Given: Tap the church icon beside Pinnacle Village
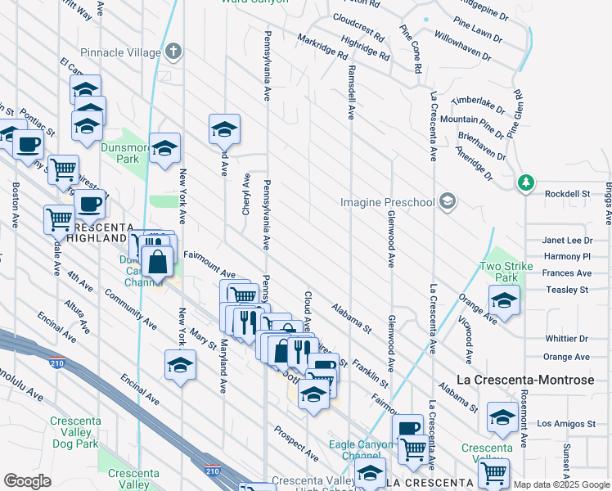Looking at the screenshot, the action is point(172,52).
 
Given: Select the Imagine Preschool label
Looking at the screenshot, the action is point(389,202).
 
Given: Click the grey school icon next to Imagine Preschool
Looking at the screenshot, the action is point(447,200).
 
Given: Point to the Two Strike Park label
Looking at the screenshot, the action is point(500,272).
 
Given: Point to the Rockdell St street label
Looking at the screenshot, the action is point(568,194).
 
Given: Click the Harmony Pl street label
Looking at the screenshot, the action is point(567,257).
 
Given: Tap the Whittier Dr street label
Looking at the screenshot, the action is point(566,339).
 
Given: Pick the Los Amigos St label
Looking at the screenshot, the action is point(566,424).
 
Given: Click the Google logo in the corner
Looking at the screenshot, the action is point(27,481).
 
